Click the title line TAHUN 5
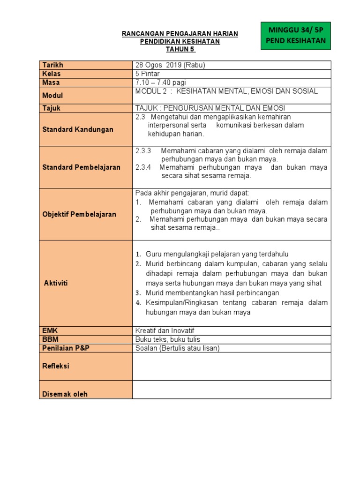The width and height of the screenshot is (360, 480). tap(180, 49)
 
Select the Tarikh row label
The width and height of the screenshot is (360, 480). tap(52, 65)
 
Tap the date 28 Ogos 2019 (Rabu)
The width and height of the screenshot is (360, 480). tap(170, 65)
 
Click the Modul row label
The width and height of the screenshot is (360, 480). tap(52, 95)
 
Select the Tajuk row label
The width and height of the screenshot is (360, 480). tap(51, 108)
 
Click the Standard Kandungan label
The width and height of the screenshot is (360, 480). tap(77, 129)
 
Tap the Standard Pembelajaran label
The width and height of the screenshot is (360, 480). tap(81, 167)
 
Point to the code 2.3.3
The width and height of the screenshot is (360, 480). tap(143, 151)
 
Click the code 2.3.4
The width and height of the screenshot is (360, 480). tap(143, 167)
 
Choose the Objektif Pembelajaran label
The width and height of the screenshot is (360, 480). tap(79, 214)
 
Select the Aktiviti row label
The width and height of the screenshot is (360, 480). tap(55, 284)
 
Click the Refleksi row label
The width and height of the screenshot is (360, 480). tap(56, 366)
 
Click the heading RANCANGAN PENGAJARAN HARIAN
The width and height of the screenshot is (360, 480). tap(180, 34)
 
